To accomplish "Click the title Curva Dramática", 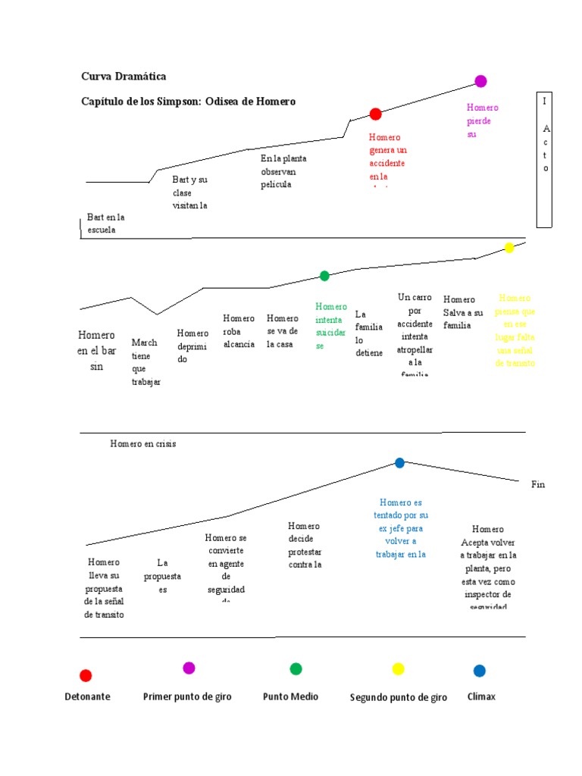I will [x=124, y=77].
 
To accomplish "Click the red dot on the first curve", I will [x=375, y=114].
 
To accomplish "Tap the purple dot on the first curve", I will [x=480, y=81].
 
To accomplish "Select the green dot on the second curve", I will [x=324, y=276].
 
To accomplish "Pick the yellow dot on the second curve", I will [x=509, y=248].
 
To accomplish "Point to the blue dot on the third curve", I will [x=399, y=463].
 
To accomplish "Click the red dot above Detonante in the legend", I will [x=86, y=675].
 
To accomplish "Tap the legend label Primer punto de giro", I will [x=187, y=696].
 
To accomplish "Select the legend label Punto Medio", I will [x=290, y=696].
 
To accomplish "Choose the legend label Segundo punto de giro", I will [x=398, y=697].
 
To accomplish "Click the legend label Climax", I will [x=481, y=696].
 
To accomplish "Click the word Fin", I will [x=538, y=484].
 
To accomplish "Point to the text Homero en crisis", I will [x=142, y=444].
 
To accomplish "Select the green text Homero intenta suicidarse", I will [x=330, y=326].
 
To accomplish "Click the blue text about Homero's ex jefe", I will [x=400, y=528].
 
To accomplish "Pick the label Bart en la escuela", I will [x=105, y=224].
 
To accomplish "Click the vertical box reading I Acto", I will [x=545, y=160].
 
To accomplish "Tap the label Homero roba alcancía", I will [x=239, y=331].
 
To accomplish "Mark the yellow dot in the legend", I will [x=398, y=669].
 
